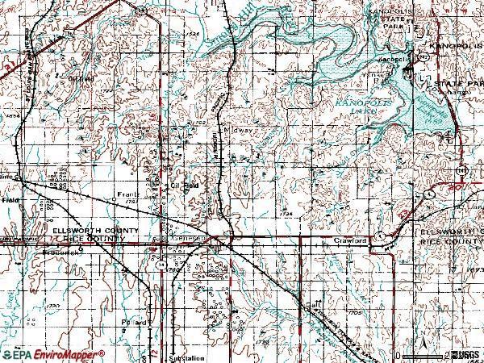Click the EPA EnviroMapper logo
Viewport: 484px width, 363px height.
52,354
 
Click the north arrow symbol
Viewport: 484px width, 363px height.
423,348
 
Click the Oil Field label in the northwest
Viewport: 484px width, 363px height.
81,79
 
